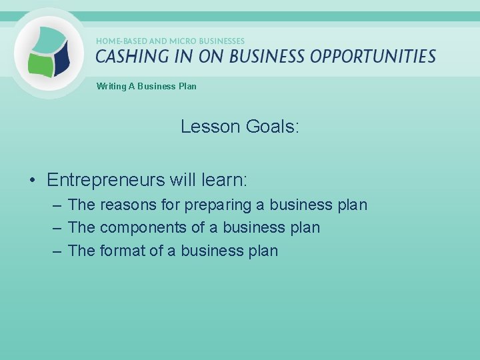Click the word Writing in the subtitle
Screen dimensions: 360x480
pyautogui.click(x=111, y=86)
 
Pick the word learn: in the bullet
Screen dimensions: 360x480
pyautogui.click(x=224, y=180)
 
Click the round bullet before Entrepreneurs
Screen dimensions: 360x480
pyautogui.click(x=32, y=181)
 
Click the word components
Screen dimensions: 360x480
pyautogui.click(x=143, y=228)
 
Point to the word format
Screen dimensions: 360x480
pyautogui.click(x=122, y=251)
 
